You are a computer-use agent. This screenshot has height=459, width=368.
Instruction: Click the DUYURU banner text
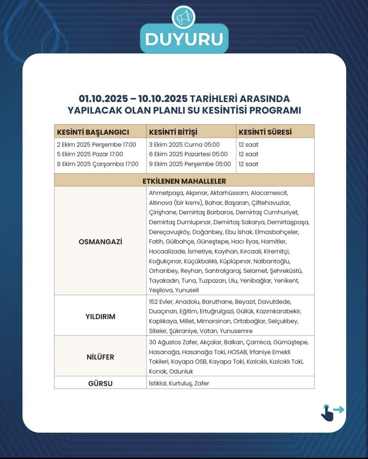point(184,39)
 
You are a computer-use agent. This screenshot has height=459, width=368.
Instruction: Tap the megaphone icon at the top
point(184,17)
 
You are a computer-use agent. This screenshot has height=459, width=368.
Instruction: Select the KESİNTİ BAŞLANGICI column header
point(93,132)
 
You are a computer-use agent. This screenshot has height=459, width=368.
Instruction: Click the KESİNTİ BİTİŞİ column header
point(173,132)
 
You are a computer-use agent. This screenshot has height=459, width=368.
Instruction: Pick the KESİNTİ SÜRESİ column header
point(265,132)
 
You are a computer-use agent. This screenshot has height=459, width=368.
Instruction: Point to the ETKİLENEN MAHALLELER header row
point(184,181)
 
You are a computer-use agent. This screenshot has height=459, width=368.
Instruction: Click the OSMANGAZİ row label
point(100,242)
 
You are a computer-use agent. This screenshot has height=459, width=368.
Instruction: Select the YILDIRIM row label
point(100,316)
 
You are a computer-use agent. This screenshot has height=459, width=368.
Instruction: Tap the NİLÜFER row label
point(100,357)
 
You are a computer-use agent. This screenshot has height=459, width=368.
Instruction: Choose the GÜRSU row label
point(100,383)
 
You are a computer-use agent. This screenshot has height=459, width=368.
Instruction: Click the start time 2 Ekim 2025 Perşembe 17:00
point(96,145)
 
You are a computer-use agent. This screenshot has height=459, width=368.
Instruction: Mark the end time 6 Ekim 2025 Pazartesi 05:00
point(188,154)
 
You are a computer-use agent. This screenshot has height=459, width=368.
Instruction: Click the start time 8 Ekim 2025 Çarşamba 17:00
point(98,164)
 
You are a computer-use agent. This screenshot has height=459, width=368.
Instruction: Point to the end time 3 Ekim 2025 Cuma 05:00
point(184,145)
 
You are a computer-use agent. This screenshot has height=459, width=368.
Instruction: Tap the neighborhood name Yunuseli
point(187,290)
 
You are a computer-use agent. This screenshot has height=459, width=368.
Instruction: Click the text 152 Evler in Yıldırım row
point(161,302)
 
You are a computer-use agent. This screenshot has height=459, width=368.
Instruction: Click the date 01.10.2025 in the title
point(103,99)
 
